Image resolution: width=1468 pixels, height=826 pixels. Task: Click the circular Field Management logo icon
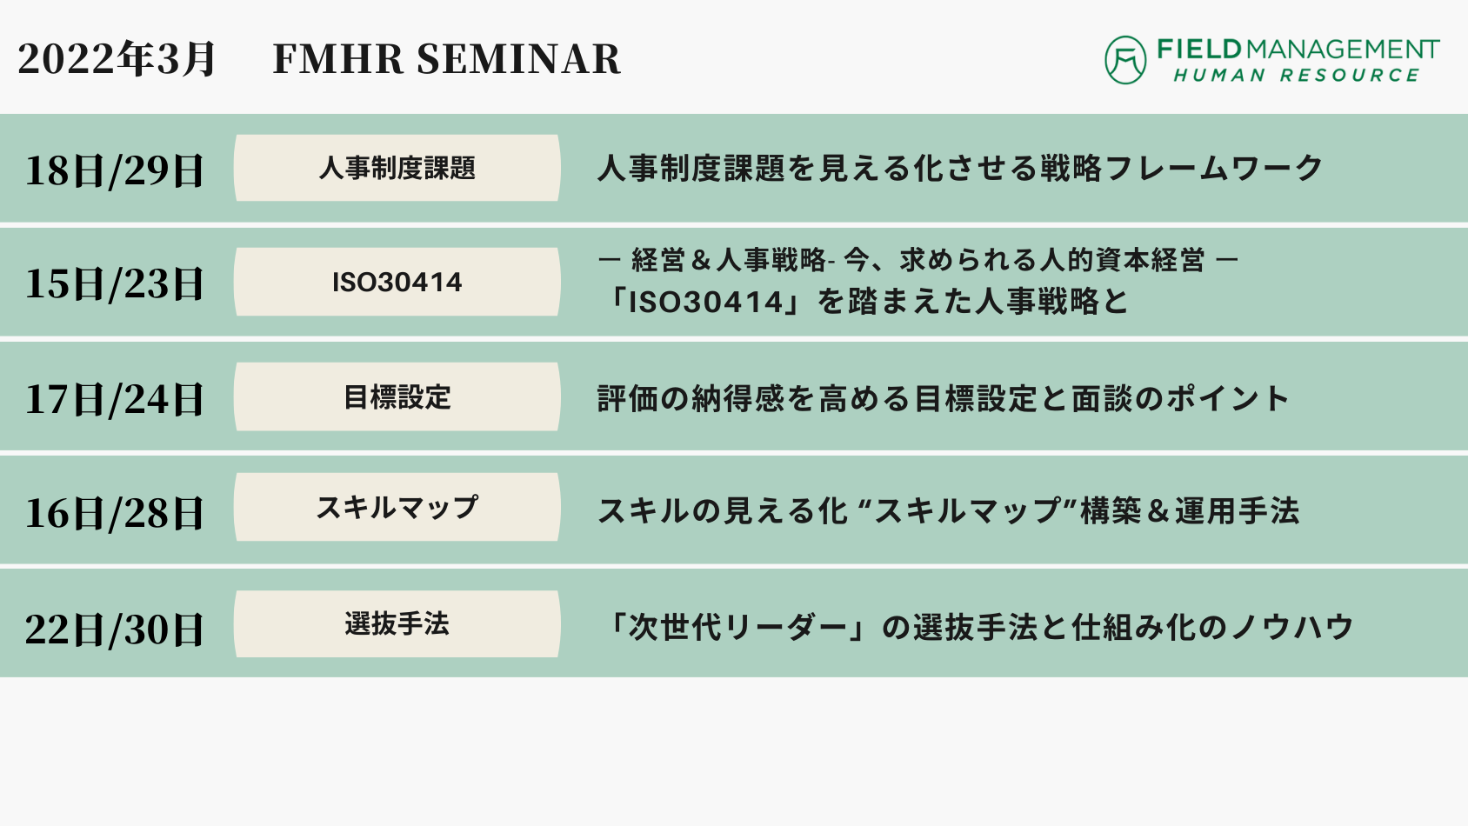(x=1125, y=60)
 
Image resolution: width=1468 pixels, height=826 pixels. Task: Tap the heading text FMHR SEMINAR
(x=447, y=59)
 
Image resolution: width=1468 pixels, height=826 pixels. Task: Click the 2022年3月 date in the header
(x=116, y=59)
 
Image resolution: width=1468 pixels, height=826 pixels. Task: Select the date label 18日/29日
(x=114, y=170)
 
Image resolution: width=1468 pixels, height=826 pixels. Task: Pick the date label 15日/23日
(x=114, y=283)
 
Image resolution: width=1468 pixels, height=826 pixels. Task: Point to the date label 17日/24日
(x=114, y=398)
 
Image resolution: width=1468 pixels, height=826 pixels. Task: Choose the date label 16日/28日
(x=114, y=512)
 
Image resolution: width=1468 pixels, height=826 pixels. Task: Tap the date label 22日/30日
(x=114, y=629)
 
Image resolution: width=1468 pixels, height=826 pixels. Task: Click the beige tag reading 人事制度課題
(x=397, y=168)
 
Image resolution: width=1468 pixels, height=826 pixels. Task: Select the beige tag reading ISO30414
(x=397, y=282)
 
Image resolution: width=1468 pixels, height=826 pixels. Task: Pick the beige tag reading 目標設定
(x=397, y=397)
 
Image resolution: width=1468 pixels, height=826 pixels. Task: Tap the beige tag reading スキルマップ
(x=397, y=507)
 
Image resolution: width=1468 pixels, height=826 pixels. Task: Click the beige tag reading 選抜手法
(x=397, y=623)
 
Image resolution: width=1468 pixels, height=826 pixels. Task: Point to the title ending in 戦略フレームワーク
(x=960, y=169)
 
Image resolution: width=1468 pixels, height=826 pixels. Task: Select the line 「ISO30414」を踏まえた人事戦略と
(x=864, y=302)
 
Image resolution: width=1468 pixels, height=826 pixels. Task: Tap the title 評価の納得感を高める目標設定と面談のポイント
(x=943, y=398)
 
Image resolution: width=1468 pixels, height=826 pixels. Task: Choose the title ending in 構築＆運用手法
(x=948, y=511)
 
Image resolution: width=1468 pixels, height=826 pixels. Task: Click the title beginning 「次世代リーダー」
(x=976, y=627)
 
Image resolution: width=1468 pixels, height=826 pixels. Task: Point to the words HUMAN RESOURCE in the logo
(x=1297, y=76)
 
